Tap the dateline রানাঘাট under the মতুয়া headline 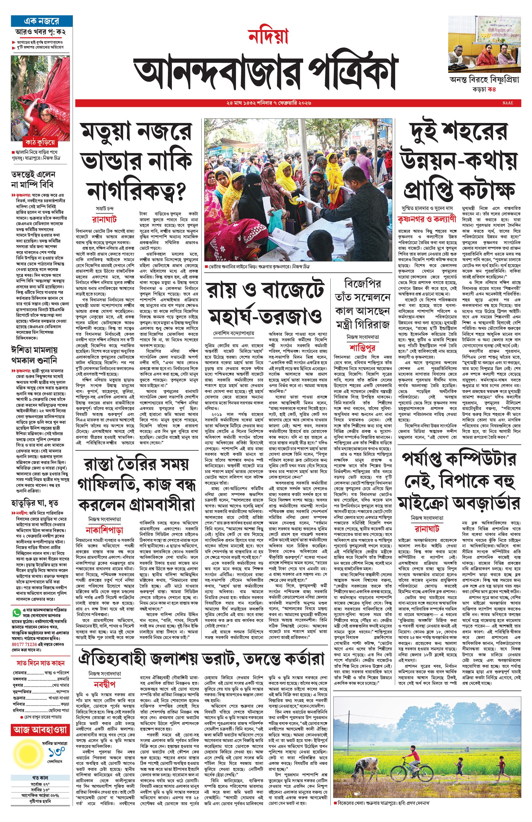(104, 219)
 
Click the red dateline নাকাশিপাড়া (104, 530)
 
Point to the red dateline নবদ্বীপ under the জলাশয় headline (104, 684)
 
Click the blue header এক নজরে (42, 21)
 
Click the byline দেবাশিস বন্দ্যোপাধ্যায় (234, 333)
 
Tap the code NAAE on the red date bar (508, 103)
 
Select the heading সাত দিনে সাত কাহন (40, 663)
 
